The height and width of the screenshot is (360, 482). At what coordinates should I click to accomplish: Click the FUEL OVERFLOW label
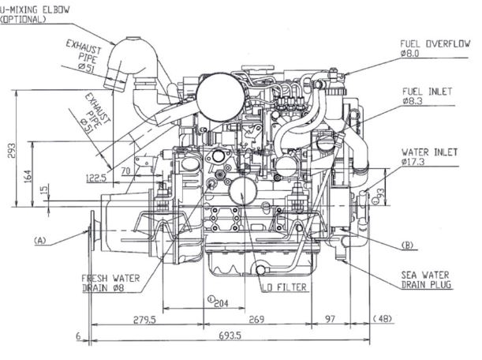tap(435, 48)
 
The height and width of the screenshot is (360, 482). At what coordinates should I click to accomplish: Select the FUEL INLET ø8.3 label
tap(427, 96)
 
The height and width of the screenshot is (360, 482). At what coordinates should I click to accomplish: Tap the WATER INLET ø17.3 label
tap(429, 156)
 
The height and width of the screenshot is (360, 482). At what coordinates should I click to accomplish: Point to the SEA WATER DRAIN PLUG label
tap(426, 279)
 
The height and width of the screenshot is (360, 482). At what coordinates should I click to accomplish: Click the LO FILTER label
tap(284, 287)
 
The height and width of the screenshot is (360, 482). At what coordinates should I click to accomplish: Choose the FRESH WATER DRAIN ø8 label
tap(110, 283)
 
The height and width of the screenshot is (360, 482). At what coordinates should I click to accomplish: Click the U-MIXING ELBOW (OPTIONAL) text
tap(35, 14)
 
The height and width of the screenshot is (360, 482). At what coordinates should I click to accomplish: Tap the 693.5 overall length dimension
tap(230, 335)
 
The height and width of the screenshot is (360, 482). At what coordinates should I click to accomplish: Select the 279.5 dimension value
tap(144, 320)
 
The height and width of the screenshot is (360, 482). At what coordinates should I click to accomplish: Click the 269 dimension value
tap(256, 320)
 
